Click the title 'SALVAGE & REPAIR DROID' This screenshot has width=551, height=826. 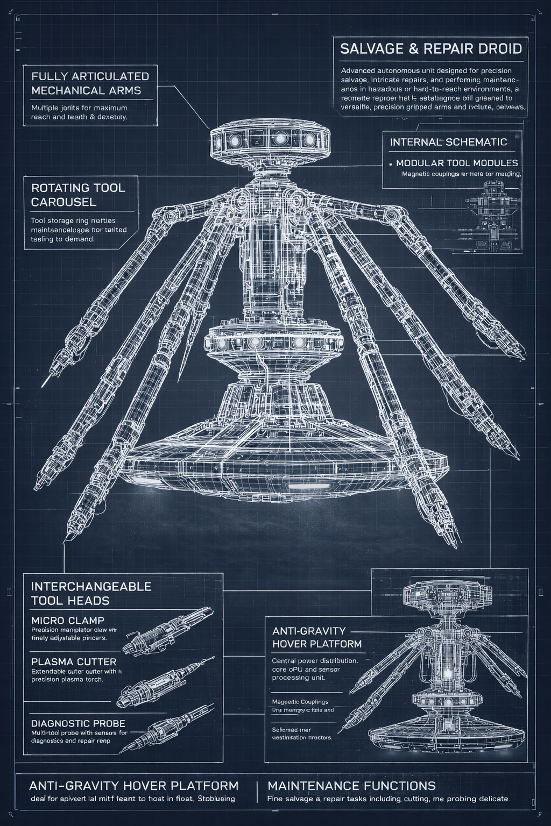click(431, 49)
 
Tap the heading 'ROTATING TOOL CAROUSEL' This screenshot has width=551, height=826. click(78, 195)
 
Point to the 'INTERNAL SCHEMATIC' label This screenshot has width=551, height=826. click(448, 142)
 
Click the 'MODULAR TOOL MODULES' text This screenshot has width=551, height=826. click(457, 162)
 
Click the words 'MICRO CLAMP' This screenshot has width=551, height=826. click(68, 620)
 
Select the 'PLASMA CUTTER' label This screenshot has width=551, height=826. click(74, 661)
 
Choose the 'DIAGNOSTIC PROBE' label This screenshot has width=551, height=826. click(78, 723)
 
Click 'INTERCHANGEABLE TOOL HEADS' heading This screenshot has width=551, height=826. click(91, 593)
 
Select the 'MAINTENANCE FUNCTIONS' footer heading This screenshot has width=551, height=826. click(351, 786)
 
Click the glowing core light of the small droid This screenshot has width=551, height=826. click(448, 673)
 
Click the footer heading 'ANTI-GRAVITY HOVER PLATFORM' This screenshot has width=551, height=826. click(133, 786)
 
